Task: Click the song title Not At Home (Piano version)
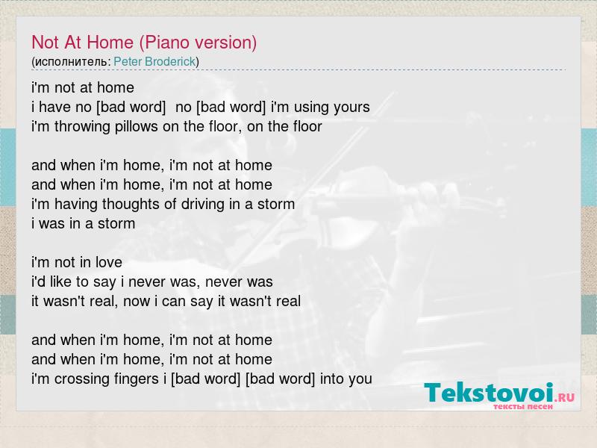[144, 43]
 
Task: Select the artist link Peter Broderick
[154, 61]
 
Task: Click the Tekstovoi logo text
[489, 393]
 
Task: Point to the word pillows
[137, 126]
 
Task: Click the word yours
[351, 108]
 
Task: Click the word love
[109, 262]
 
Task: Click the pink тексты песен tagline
[523, 407]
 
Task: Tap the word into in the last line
[331, 379]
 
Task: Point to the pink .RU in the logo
[564, 398]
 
